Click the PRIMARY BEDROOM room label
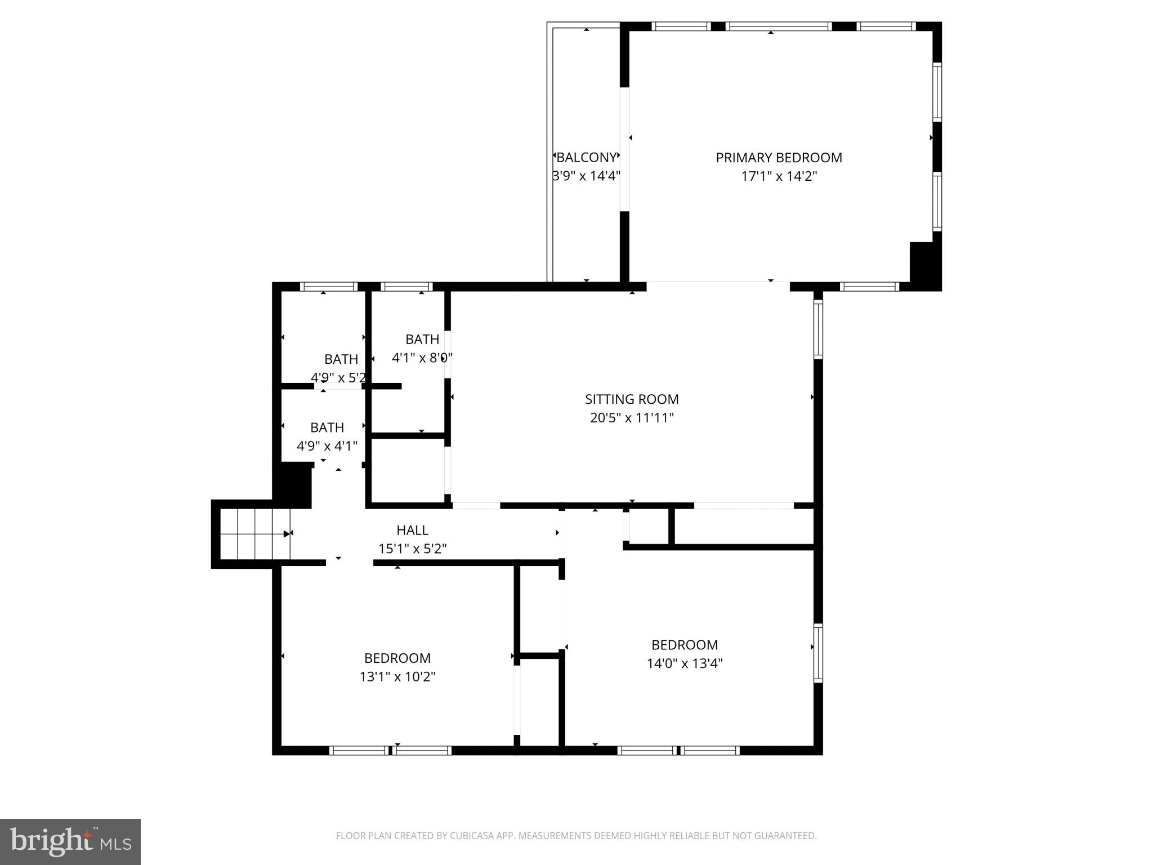[779, 158]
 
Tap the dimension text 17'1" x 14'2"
[779, 176]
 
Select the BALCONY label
[586, 158]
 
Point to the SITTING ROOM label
[632, 399]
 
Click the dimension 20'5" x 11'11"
[632, 418]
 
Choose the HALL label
[413, 530]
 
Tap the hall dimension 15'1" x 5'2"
[413, 549]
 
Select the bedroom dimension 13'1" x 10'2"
[397, 676]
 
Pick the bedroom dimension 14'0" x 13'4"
[685, 663]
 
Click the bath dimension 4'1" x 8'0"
[422, 358]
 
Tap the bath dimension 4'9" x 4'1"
[327, 446]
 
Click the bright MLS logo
[70, 841]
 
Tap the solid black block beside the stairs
[293, 483]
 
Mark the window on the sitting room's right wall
[818, 329]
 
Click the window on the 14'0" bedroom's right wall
[818, 653]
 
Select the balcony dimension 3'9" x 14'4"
[586, 176]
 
